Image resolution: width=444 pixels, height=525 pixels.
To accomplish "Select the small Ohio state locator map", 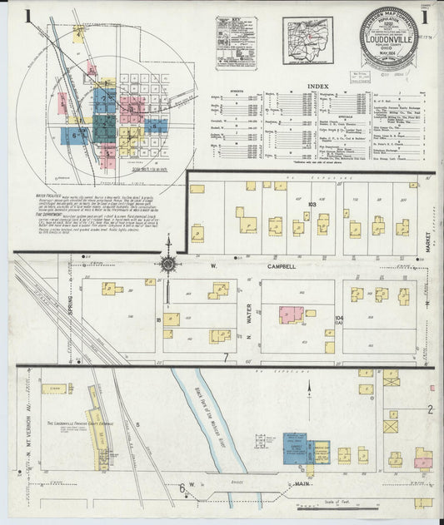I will [307, 40].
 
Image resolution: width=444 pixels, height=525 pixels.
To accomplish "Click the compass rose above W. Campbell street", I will [168, 264].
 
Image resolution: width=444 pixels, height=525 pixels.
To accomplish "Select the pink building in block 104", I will [292, 315].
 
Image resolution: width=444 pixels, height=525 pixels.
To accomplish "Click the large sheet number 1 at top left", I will [28, 17].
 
